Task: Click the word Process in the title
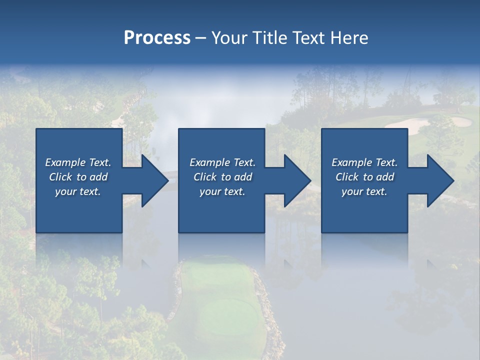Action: coord(157,38)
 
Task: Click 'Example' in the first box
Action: coord(65,162)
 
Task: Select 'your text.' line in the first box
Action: coord(78,191)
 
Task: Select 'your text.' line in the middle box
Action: coord(222,191)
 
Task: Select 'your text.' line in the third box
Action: coord(364,191)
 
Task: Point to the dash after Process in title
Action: coord(201,38)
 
